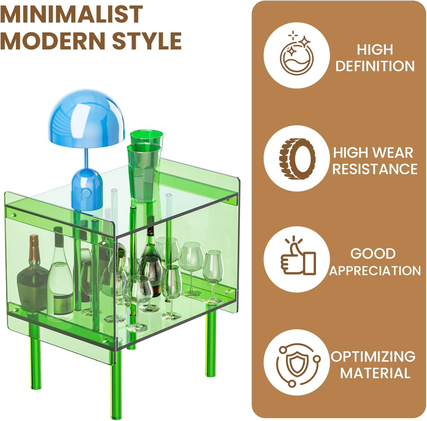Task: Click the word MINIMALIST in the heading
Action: [x=71, y=14]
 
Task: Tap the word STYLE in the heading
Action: [x=147, y=41]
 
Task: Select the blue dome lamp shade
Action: [x=87, y=119]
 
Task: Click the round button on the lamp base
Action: [x=86, y=193]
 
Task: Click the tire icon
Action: [x=297, y=159]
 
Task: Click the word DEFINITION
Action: [x=375, y=66]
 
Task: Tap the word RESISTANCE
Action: [x=375, y=169]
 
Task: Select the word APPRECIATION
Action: [x=375, y=270]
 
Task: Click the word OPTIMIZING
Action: [x=373, y=356]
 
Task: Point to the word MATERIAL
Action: [x=375, y=373]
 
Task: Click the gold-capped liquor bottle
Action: [x=33, y=275]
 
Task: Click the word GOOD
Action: [x=373, y=254]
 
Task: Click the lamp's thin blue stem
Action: [x=87, y=159]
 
